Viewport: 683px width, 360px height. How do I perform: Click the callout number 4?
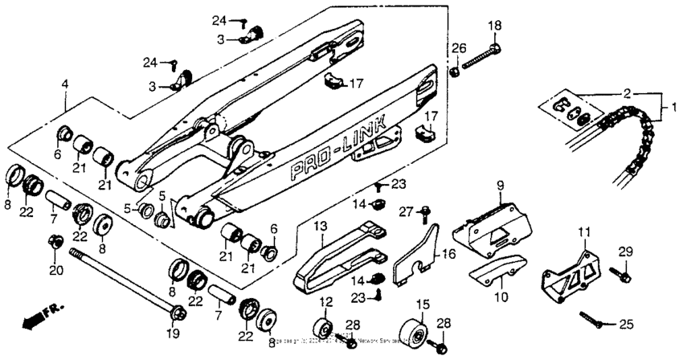coord(65,83)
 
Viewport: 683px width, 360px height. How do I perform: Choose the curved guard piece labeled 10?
coord(492,273)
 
